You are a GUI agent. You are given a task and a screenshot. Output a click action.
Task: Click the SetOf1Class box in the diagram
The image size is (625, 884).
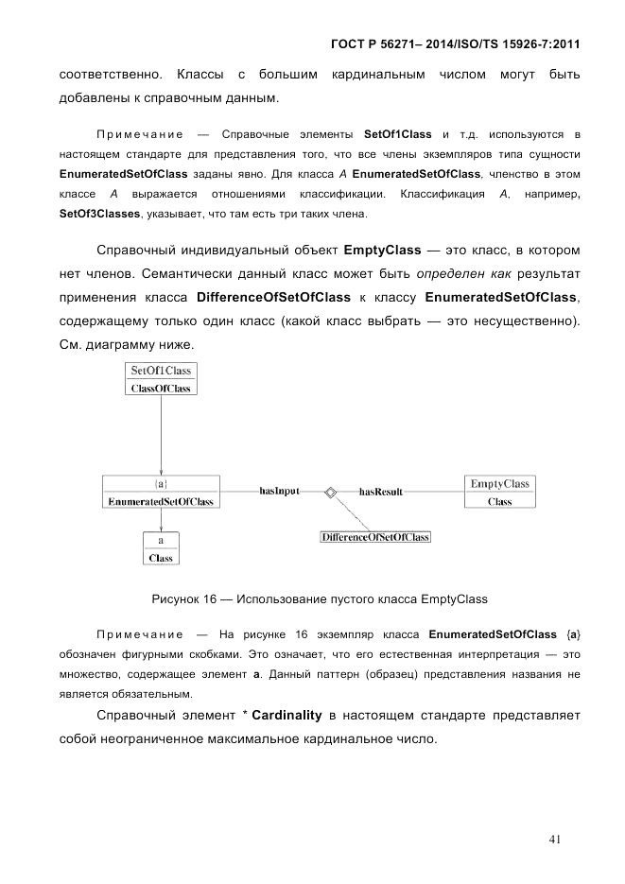[161, 379]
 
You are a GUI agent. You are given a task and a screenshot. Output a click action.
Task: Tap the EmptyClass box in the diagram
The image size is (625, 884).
[499, 493]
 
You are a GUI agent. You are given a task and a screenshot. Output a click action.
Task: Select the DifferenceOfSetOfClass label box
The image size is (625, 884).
[375, 537]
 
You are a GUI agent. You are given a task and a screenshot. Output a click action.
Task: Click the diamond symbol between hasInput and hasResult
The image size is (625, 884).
[330, 492]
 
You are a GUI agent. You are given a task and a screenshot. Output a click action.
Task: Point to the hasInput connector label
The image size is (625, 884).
[279, 492]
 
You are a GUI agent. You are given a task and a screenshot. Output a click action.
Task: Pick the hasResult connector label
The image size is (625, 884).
[381, 492]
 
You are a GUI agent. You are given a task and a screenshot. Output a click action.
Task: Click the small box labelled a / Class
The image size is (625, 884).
[162, 548]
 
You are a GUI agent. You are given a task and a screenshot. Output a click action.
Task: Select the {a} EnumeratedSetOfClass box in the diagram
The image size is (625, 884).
[161, 493]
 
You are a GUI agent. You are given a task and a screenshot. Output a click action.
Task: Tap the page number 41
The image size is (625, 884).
[556, 837]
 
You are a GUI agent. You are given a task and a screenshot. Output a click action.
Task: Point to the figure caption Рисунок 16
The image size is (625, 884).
[319, 598]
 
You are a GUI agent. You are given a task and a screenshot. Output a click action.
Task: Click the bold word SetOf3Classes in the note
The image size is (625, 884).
[99, 214]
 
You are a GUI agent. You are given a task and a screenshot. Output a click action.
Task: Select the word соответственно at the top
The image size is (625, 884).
[109, 74]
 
